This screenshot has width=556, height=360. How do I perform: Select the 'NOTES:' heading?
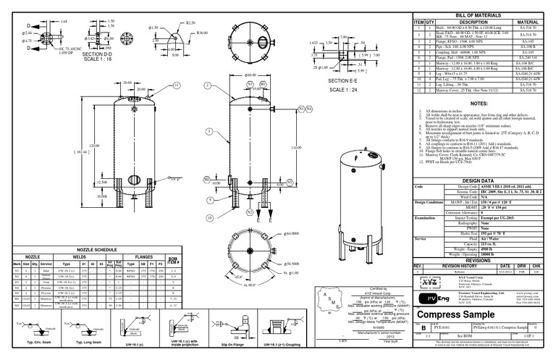pyautogui.click(x=480, y=104)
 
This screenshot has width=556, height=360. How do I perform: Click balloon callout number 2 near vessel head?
pyautogui.click(x=262, y=84)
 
